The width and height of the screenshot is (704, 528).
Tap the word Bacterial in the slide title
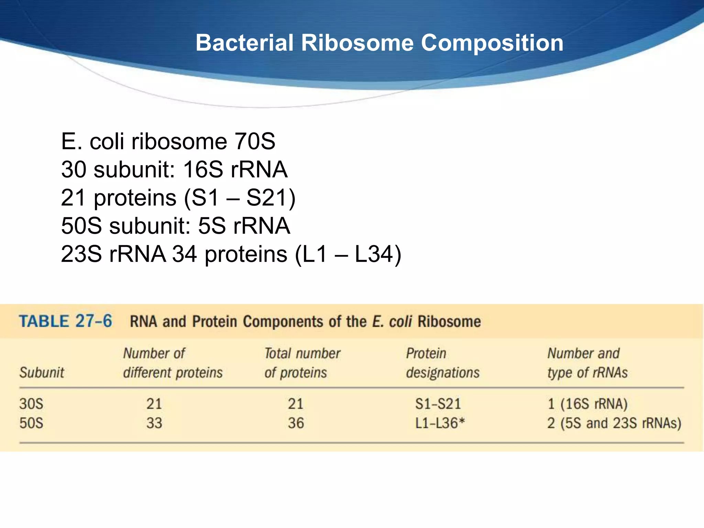tap(244, 43)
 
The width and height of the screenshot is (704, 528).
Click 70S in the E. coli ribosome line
tap(254, 141)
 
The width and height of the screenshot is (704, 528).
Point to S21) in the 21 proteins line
tap(271, 198)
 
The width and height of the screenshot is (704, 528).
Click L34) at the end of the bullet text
tap(377, 254)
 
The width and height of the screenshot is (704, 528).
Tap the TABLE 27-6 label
tap(65, 321)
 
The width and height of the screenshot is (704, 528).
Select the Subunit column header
tap(42, 373)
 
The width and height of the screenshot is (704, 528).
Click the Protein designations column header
tap(442, 363)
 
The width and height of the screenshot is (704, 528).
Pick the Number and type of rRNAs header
tap(587, 363)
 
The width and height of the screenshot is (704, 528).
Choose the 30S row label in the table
tap(31, 404)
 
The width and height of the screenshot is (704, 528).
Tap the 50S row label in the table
tap(31, 423)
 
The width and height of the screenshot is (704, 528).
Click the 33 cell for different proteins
tap(154, 423)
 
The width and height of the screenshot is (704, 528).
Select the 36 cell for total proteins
tap(296, 423)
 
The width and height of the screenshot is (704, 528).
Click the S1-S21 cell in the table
tap(438, 404)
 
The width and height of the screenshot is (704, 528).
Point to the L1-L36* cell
tap(440, 423)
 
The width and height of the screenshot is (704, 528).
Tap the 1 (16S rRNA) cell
tap(587, 404)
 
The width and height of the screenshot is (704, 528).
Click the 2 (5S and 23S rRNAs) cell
tap(614, 423)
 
